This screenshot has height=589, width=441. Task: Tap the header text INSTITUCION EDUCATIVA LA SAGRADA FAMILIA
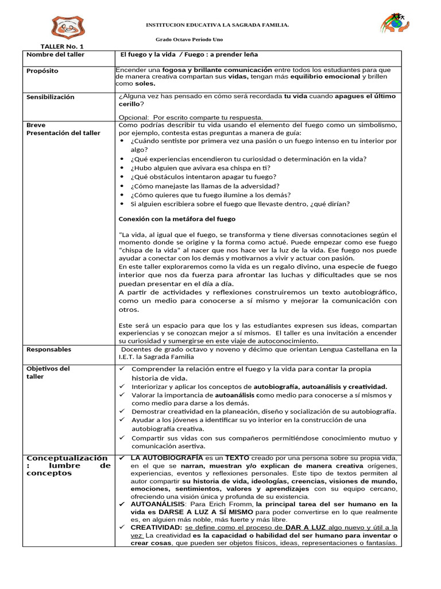coord(217,25)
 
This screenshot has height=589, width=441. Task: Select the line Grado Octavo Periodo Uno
coord(189,39)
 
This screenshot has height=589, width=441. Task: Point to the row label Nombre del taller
coord(55,55)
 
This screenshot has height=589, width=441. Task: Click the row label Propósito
coord(42,71)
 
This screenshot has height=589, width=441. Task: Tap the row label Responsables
coord(49,349)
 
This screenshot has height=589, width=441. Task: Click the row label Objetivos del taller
coord(48,372)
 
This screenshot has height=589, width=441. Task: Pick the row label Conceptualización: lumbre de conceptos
coord(68,465)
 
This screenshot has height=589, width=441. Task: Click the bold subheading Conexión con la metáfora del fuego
coord(177,219)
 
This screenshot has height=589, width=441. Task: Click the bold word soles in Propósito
coord(145,83)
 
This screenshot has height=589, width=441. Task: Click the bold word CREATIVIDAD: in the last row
coord(157,527)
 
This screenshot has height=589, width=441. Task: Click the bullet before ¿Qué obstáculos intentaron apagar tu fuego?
coord(122,177)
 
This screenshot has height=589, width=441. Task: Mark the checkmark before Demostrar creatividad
coord(122,411)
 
